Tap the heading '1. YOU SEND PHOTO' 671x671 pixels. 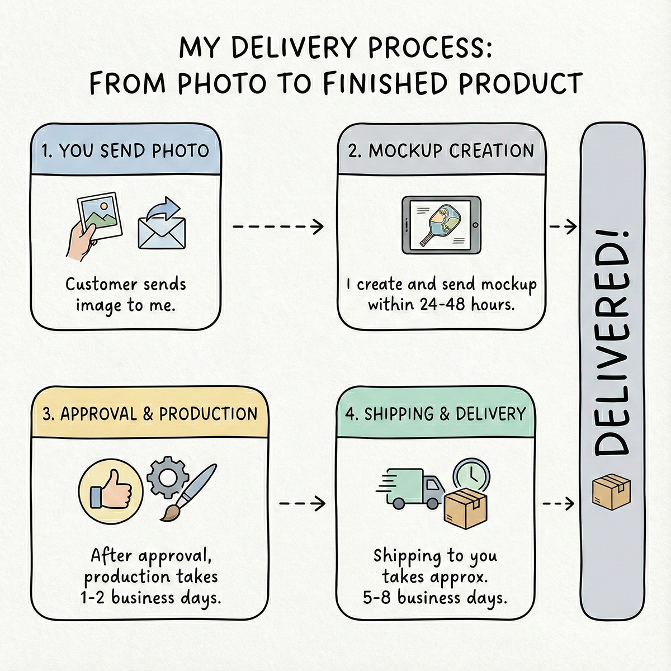125,151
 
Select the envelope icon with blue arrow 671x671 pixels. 163,226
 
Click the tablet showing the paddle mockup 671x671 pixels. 441,224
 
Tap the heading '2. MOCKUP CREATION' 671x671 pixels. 441,151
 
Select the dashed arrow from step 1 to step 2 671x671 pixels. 278,227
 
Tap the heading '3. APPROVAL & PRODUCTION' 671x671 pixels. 150,414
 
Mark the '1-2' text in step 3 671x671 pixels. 93,598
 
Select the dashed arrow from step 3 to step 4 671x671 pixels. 302,503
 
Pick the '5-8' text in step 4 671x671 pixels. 376,598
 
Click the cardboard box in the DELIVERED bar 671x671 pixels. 612,492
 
